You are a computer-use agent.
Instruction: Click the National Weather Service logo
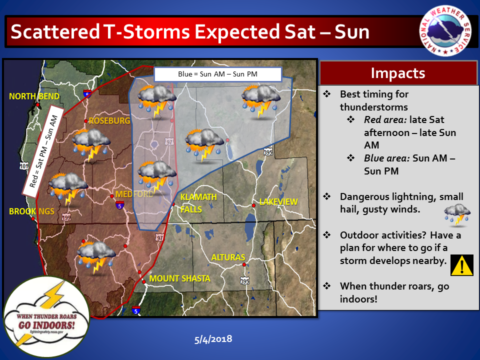click(x=445, y=31)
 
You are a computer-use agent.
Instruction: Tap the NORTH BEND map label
click(x=34, y=96)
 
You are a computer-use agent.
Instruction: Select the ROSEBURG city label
click(x=109, y=120)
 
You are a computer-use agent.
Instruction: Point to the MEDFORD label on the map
click(x=134, y=194)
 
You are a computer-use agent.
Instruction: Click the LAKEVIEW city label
click(x=278, y=201)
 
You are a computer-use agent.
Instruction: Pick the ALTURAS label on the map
click(x=228, y=257)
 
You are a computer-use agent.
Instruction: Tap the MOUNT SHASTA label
click(x=179, y=278)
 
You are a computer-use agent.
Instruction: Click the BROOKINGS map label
click(x=31, y=211)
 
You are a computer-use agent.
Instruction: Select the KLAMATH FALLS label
click(x=198, y=203)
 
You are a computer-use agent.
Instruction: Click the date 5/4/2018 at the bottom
click(x=213, y=339)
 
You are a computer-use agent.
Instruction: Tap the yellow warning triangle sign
click(x=461, y=265)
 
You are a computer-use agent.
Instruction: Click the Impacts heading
click(x=398, y=73)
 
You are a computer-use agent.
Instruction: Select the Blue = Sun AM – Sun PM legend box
click(x=217, y=74)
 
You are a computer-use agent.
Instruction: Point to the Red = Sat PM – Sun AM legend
click(x=43, y=151)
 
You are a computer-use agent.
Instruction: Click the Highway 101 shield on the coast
click(x=24, y=166)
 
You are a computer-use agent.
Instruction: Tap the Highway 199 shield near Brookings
click(x=66, y=217)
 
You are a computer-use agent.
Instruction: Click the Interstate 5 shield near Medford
click(x=119, y=205)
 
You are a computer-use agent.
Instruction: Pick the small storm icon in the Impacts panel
click(x=457, y=215)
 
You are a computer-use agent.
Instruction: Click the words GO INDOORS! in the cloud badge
click(x=46, y=325)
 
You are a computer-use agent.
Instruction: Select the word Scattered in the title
click(x=55, y=32)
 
